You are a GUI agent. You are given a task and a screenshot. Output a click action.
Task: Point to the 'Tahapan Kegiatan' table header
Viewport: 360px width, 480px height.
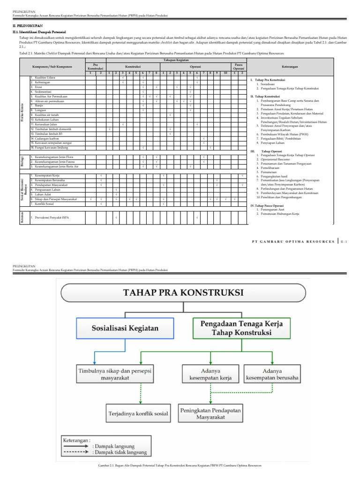[176, 60]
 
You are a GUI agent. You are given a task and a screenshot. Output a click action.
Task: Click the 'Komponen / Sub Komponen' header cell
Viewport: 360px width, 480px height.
[52, 67]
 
